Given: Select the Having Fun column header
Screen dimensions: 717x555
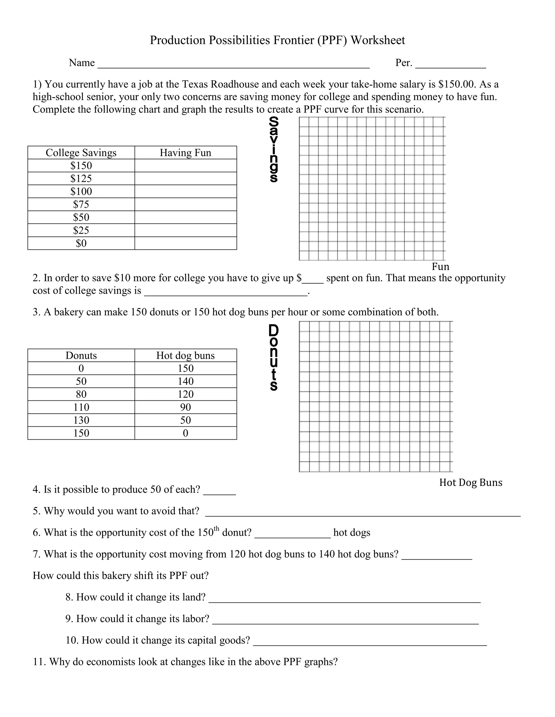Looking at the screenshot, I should click(185, 153).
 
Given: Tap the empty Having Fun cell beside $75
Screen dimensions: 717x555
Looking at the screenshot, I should click(185, 205).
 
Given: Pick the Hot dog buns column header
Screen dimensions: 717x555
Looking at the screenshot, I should click(185, 356).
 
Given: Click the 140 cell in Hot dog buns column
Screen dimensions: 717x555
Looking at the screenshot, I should click(185, 381).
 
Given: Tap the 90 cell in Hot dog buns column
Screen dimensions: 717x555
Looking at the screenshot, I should click(185, 407).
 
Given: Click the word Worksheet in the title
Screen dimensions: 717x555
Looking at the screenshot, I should click(377, 40).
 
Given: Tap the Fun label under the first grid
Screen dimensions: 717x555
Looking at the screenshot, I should click(440, 266).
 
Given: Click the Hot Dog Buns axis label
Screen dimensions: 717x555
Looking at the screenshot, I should click(470, 482).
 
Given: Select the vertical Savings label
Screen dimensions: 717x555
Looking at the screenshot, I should click(273, 149).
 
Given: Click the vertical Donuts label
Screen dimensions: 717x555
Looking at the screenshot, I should click(273, 357).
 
